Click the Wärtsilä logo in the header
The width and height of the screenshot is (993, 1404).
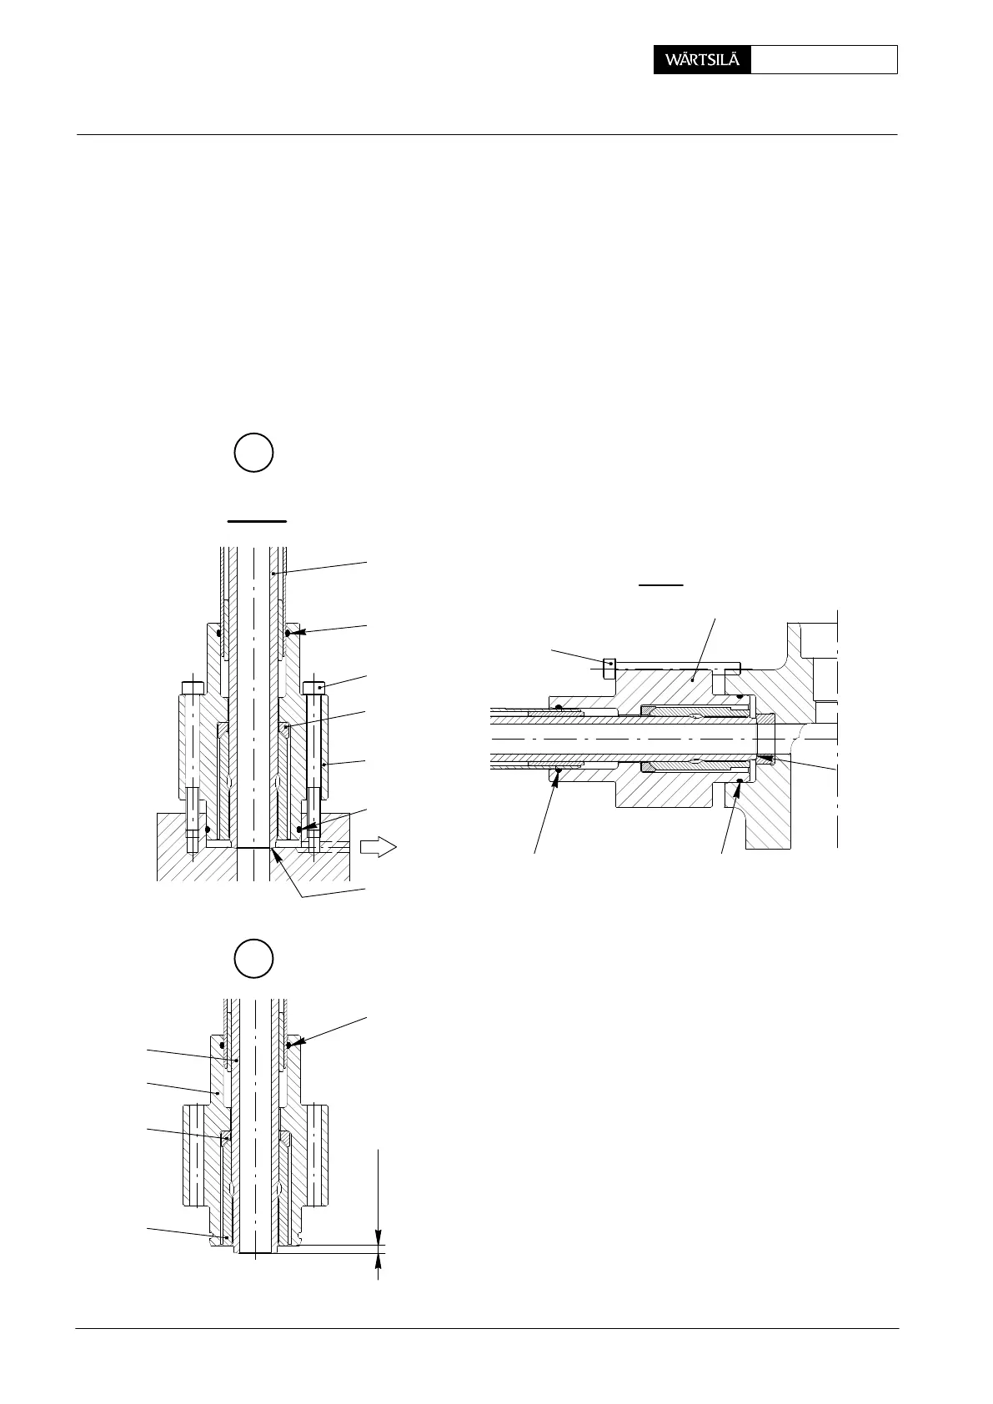pos(702,60)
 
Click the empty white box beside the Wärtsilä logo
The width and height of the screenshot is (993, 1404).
pos(824,60)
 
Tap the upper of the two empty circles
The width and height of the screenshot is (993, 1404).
pos(253,453)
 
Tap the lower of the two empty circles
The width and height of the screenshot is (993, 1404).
pos(253,958)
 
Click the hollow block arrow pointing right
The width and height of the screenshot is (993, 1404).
pos(377,848)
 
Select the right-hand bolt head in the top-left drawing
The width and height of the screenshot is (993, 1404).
pos(313,687)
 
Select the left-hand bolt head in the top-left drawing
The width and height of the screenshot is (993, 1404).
pos(193,687)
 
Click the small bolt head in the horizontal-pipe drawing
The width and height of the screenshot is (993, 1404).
pos(609,666)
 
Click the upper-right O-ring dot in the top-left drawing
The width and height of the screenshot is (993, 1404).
pos(288,634)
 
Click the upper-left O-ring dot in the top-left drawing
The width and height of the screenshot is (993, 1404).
pos(219,634)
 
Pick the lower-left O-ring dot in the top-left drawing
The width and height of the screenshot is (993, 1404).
pos(207,830)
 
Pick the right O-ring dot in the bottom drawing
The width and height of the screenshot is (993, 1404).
pos(288,1044)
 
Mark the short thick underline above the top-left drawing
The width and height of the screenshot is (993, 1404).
pos(258,520)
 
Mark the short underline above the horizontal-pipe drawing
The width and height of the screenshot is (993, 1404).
pos(661,585)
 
